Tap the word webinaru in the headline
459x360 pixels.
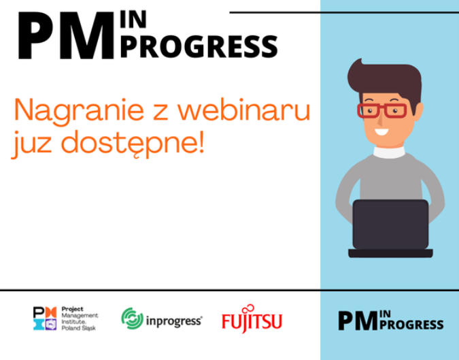[x=244, y=110]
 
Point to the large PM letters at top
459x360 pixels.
[x=66, y=35]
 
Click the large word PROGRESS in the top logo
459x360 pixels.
[x=199, y=46]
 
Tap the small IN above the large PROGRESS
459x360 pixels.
[x=133, y=20]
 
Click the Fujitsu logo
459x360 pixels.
[x=252, y=318]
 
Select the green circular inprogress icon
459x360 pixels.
[x=133, y=318]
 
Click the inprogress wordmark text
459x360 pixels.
[x=174, y=321]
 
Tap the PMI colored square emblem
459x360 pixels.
[x=45, y=318]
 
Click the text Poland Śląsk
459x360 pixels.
[x=78, y=328]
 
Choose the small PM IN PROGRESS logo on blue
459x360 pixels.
[x=391, y=321]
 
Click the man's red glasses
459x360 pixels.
[x=382, y=110]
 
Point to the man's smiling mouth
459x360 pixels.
[x=381, y=132]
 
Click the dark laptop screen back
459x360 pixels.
[x=390, y=225]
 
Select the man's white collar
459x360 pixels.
[x=390, y=152]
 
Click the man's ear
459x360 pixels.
[x=419, y=112]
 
